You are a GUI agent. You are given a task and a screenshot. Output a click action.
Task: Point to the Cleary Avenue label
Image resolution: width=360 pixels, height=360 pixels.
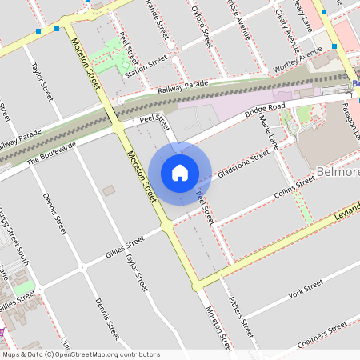(286, 18)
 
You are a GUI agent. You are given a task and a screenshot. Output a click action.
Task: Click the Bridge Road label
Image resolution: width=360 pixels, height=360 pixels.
(265, 109)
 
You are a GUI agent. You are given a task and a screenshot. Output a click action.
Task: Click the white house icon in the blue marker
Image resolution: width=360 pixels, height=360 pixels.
(180, 173)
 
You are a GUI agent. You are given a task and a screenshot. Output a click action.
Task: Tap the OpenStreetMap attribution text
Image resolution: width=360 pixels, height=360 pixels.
(81, 354)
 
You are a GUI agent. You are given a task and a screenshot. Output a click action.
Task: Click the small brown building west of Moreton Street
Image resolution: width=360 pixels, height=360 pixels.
(108, 191)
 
